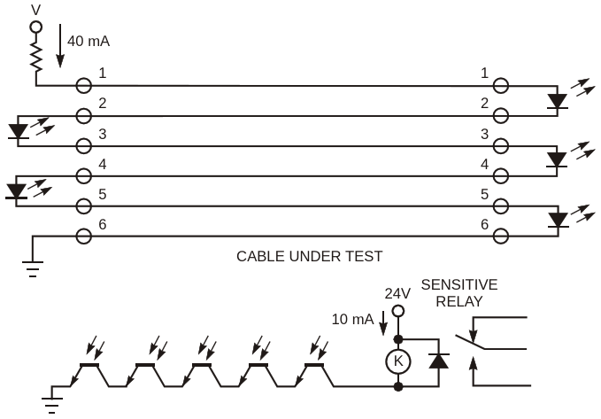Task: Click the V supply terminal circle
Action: (x=36, y=27)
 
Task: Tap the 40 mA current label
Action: (x=88, y=41)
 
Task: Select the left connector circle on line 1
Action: (x=83, y=86)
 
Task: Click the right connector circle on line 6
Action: (x=500, y=236)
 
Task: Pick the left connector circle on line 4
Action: (x=83, y=175)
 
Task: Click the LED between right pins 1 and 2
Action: (x=557, y=101)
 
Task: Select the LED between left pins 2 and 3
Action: (x=19, y=131)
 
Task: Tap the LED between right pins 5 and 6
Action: (x=557, y=220)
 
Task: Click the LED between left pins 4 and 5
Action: (x=16, y=190)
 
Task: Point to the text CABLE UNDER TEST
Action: (x=309, y=257)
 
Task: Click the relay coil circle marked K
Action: (x=398, y=361)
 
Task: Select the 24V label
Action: (x=398, y=293)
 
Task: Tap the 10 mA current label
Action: (x=352, y=320)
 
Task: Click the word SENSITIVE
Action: (x=458, y=284)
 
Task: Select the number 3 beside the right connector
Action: (x=484, y=133)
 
